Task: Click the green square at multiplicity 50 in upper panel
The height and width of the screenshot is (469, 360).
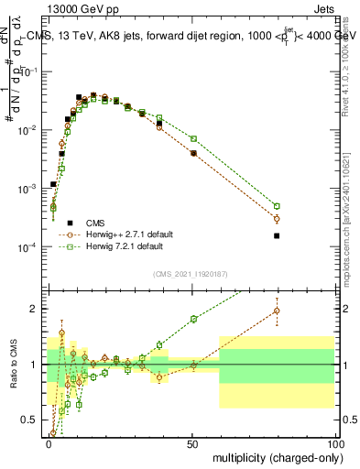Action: (x=193, y=138)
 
